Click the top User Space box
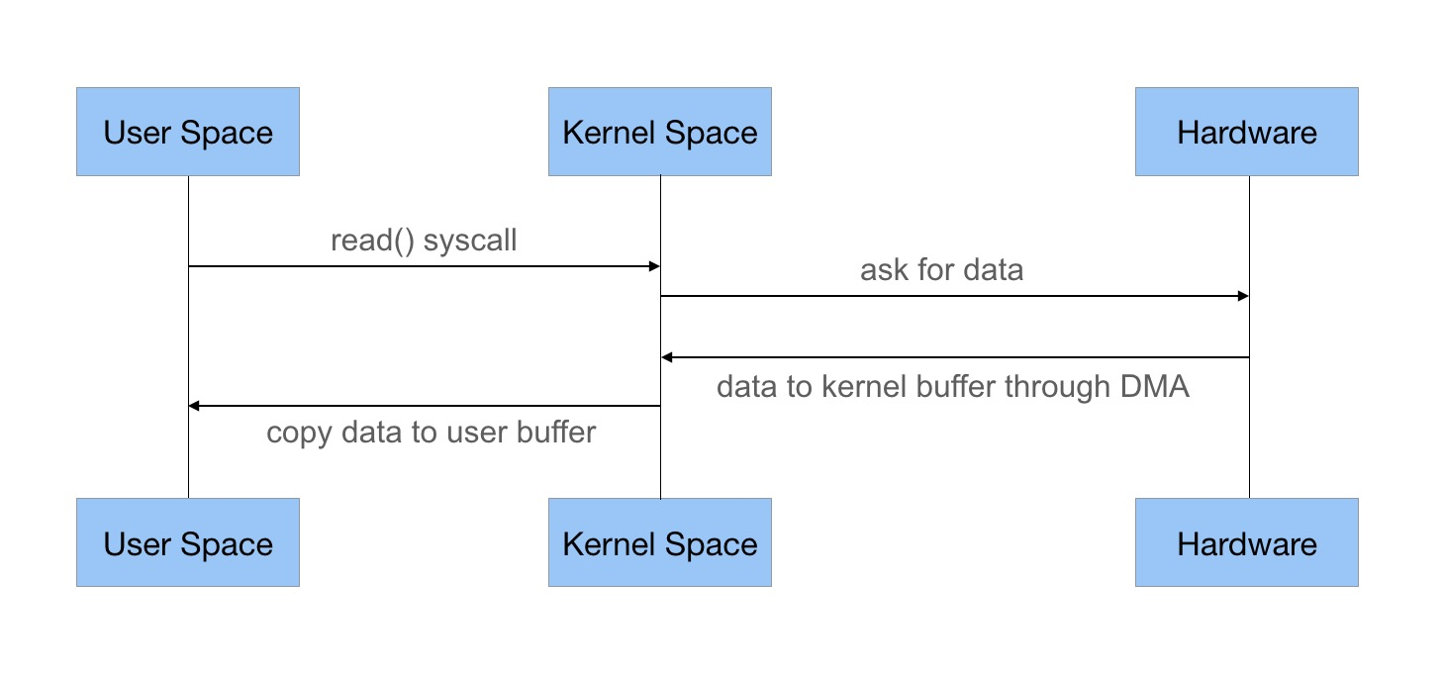pos(188,132)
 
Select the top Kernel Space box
pos(660,132)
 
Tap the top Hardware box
pos(1246,132)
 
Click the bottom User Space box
pos(188,542)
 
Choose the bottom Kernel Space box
pos(660,542)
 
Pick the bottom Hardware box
pos(1246,542)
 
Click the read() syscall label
pos(424,241)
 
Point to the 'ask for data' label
pos(942,269)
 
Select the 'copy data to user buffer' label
pos(431,433)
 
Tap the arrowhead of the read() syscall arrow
pos(654,266)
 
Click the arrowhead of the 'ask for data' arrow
pos(1243,296)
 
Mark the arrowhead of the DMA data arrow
pos(667,357)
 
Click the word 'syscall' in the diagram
pos(470,242)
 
